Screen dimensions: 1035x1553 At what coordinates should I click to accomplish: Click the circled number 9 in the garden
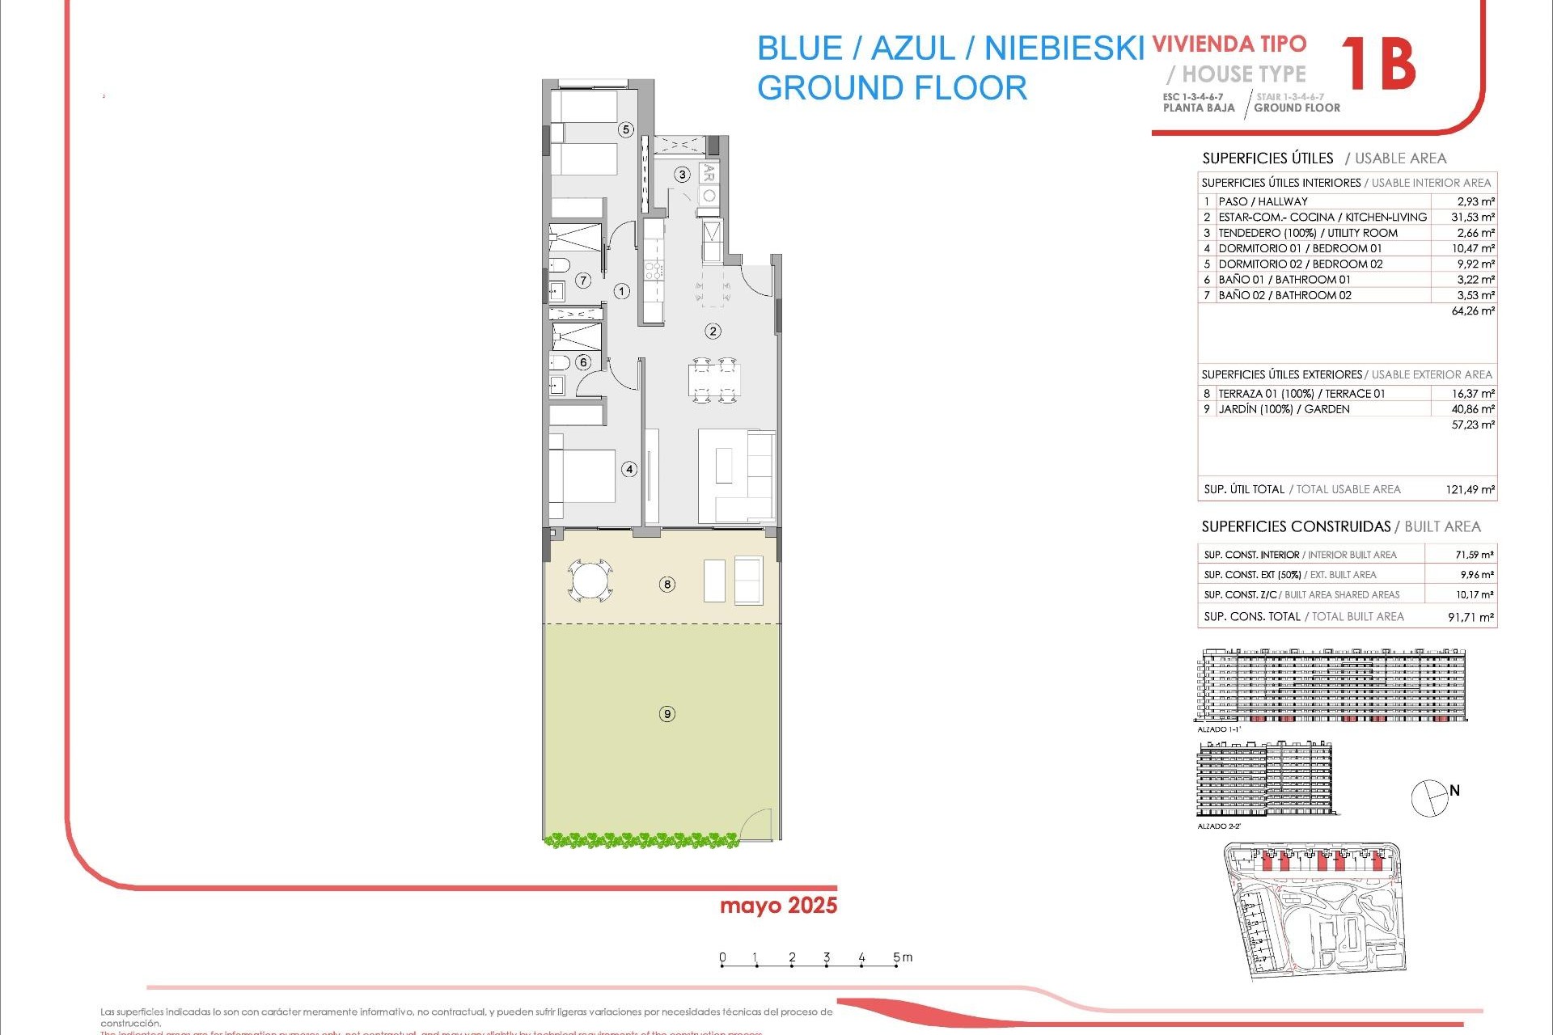pyautogui.click(x=667, y=714)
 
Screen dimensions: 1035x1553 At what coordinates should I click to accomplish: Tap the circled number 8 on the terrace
pyautogui.click(x=667, y=584)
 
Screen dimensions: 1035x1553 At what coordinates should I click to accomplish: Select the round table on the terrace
pyautogui.click(x=590, y=581)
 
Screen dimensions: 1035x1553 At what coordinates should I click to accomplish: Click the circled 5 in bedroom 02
pyautogui.click(x=625, y=129)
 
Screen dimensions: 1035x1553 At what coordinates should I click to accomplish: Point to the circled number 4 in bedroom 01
pyautogui.click(x=629, y=469)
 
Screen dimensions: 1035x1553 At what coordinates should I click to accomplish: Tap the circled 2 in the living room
pyautogui.click(x=713, y=331)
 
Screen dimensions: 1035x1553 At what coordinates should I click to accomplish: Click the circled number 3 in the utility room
pyautogui.click(x=683, y=175)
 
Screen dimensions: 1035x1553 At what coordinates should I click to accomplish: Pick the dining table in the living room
pyautogui.click(x=714, y=379)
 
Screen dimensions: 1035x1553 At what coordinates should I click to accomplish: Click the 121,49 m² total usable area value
pyautogui.click(x=1470, y=489)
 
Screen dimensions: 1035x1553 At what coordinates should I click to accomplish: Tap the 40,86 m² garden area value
pyautogui.click(x=1473, y=409)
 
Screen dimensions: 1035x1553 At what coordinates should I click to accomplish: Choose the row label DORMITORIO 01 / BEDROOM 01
pyautogui.click(x=1300, y=248)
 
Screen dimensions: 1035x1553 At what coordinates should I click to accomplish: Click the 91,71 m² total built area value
pyautogui.click(x=1470, y=617)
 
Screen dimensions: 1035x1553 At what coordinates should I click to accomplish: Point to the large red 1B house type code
pyautogui.click(x=1378, y=65)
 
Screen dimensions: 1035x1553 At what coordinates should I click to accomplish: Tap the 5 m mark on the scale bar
pyautogui.click(x=896, y=958)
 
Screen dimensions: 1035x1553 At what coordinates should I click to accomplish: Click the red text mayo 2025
pyautogui.click(x=778, y=906)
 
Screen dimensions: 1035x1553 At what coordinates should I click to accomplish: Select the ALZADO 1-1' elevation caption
pyautogui.click(x=1219, y=729)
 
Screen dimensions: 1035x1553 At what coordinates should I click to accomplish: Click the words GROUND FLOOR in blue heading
pyautogui.click(x=891, y=87)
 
